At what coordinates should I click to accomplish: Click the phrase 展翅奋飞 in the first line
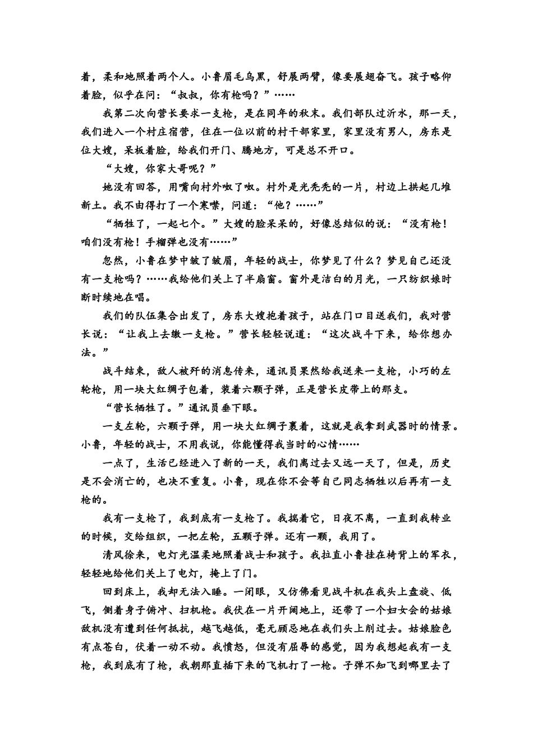[x=375, y=77]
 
